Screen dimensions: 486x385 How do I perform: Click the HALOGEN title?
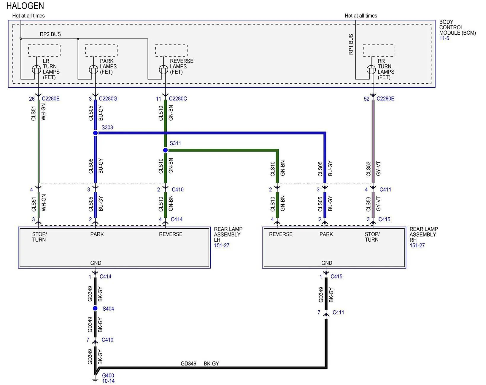[x=25, y=6]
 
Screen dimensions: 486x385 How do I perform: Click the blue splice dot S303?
[x=95, y=133]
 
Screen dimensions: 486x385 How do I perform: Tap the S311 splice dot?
[x=165, y=150]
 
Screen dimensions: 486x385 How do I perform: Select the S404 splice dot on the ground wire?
[x=95, y=308]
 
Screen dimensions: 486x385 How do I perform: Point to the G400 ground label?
[x=108, y=376]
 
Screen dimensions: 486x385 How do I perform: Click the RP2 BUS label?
[x=50, y=34]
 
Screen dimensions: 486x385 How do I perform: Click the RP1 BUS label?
[x=351, y=44]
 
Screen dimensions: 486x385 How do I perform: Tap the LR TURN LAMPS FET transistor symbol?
[x=36, y=70]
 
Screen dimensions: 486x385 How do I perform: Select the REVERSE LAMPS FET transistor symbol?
[x=163, y=70]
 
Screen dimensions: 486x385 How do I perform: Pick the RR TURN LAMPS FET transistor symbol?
[x=371, y=70]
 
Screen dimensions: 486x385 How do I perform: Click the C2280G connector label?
[x=108, y=99]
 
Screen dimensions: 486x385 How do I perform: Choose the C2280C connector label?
[x=178, y=99]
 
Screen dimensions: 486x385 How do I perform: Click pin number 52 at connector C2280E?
[x=366, y=99]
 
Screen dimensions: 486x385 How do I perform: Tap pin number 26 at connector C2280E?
[x=32, y=99]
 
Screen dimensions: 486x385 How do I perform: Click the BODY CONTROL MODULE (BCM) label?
[x=457, y=28]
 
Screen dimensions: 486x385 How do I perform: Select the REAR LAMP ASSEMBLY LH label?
[x=228, y=235]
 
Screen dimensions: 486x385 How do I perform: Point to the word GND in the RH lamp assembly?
[x=327, y=263]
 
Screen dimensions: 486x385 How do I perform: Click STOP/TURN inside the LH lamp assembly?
[x=39, y=237]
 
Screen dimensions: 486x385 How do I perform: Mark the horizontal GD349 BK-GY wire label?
[x=200, y=364]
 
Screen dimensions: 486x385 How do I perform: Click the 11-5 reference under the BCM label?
[x=444, y=38]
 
